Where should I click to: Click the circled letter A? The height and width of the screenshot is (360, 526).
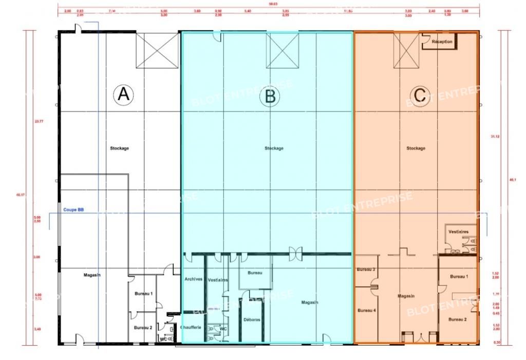(123, 94)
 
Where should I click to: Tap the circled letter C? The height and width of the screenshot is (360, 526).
(420, 95)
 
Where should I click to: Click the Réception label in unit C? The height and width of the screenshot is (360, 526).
(442, 42)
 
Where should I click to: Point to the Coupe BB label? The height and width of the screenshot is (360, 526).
(73, 210)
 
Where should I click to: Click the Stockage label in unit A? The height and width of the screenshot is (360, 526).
(119, 148)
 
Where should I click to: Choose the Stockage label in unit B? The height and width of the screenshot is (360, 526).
(274, 148)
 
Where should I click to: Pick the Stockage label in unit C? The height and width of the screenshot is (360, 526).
(416, 148)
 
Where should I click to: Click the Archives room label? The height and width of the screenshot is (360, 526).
(193, 279)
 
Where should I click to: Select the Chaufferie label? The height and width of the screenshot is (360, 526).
(191, 327)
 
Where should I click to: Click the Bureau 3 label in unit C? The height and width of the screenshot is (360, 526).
(366, 270)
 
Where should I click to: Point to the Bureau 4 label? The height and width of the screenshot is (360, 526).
(366, 310)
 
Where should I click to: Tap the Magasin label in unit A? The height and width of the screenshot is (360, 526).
(92, 275)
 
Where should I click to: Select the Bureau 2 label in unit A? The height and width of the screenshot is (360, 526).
(143, 327)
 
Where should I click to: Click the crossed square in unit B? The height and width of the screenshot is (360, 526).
(282, 50)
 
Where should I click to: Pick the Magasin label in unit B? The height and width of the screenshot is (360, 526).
(310, 302)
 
